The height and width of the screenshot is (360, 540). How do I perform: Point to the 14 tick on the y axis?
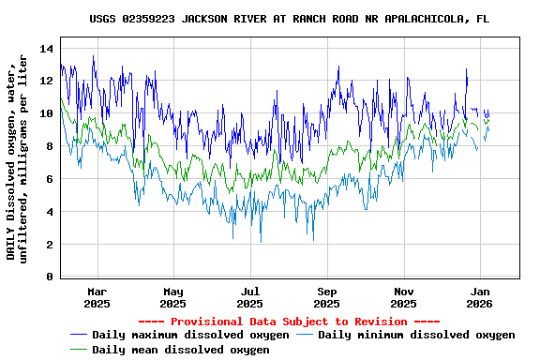(46, 48)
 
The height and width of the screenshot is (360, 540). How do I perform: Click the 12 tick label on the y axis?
(46, 81)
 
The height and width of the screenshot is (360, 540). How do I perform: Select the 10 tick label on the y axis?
(46, 113)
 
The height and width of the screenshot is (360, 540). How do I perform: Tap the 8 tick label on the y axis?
(50, 146)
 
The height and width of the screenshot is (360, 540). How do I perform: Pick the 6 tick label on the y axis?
(50, 179)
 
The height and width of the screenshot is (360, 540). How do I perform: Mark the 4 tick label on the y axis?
(50, 212)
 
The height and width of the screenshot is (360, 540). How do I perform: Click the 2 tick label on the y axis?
(50, 245)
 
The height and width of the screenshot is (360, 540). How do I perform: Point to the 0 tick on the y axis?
(50, 277)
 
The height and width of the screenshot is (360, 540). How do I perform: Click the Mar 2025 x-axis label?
(97, 297)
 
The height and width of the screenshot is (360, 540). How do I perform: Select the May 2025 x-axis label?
(173, 297)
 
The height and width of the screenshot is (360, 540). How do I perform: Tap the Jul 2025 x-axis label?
(250, 297)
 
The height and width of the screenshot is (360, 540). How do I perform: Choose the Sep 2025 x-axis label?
(327, 297)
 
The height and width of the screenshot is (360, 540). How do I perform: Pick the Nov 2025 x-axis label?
(404, 297)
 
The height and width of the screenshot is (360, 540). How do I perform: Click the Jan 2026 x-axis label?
(480, 297)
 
